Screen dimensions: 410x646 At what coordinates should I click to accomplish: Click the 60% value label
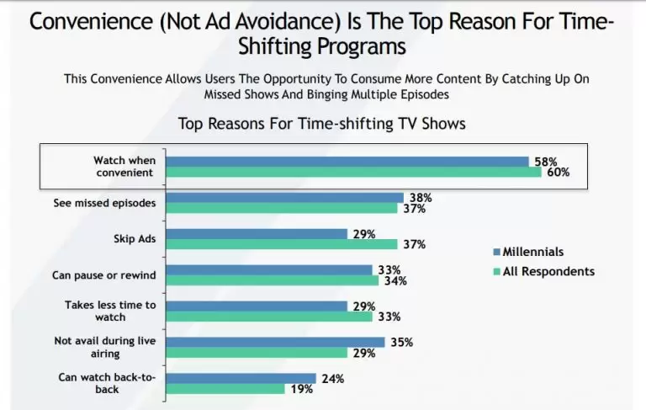point(558,172)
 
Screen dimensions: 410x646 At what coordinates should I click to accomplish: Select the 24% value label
point(332,378)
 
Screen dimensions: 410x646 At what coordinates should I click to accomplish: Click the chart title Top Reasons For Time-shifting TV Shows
point(322,124)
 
